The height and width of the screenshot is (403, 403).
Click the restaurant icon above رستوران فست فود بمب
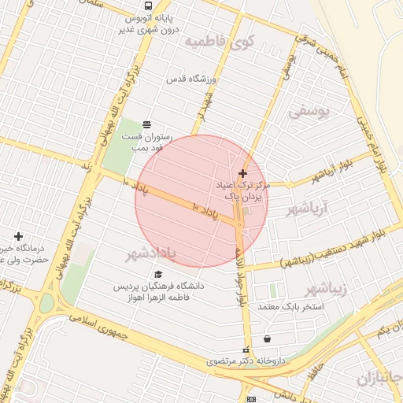146,124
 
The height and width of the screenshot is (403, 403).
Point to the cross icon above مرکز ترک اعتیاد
242,173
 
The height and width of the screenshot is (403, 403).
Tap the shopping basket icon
268,339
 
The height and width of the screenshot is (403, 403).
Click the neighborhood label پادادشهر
156,254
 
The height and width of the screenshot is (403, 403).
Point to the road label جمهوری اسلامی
102,324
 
